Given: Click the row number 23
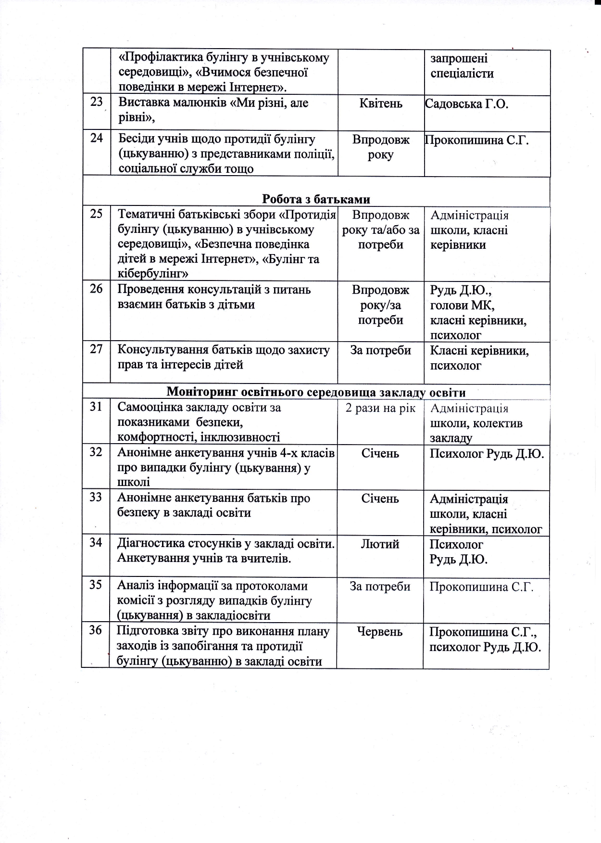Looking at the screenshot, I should pos(96,102).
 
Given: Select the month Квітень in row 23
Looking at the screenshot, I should pos(381,103).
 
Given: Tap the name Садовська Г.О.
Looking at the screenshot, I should pos(466,104).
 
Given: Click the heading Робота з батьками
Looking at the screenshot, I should pos(316,199).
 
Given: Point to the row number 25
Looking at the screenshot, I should pos(96,214).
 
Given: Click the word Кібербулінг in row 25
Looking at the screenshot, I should pos(152,274).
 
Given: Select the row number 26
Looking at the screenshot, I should pos(96,289).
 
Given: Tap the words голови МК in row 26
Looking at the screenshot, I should pos(462,305).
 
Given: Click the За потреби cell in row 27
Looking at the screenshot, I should pos(380,350).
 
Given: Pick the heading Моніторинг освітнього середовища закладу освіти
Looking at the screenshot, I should pos(316,392).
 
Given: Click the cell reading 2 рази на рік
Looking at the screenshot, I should pos(380,408).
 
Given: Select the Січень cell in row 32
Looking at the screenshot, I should pos(380,453).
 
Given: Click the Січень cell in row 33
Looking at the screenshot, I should pos(380,498).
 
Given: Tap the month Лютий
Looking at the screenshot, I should pos(380,544).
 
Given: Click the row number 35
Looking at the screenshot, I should pos(96,585).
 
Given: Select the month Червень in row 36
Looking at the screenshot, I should pos(380,631).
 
